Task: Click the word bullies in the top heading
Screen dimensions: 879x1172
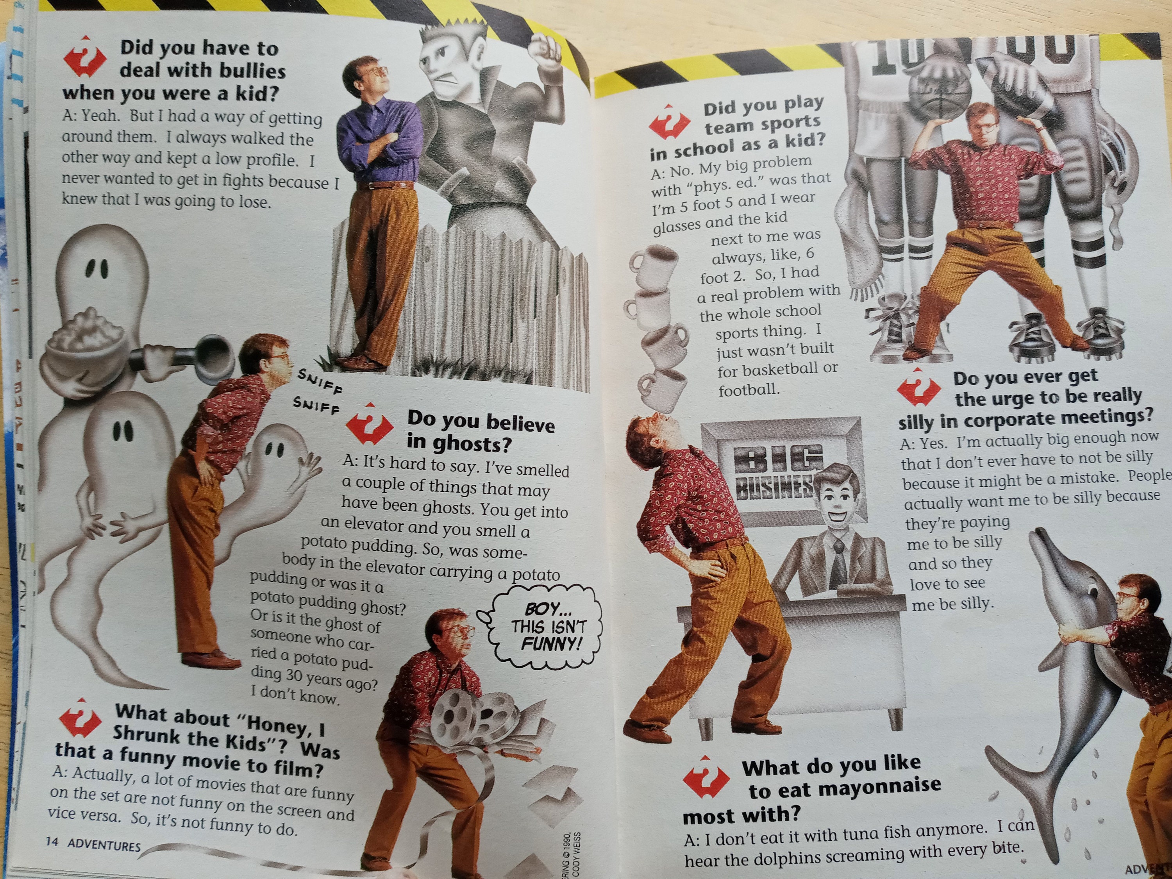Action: tap(253, 71)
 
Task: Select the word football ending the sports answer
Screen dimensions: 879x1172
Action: tap(747, 391)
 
